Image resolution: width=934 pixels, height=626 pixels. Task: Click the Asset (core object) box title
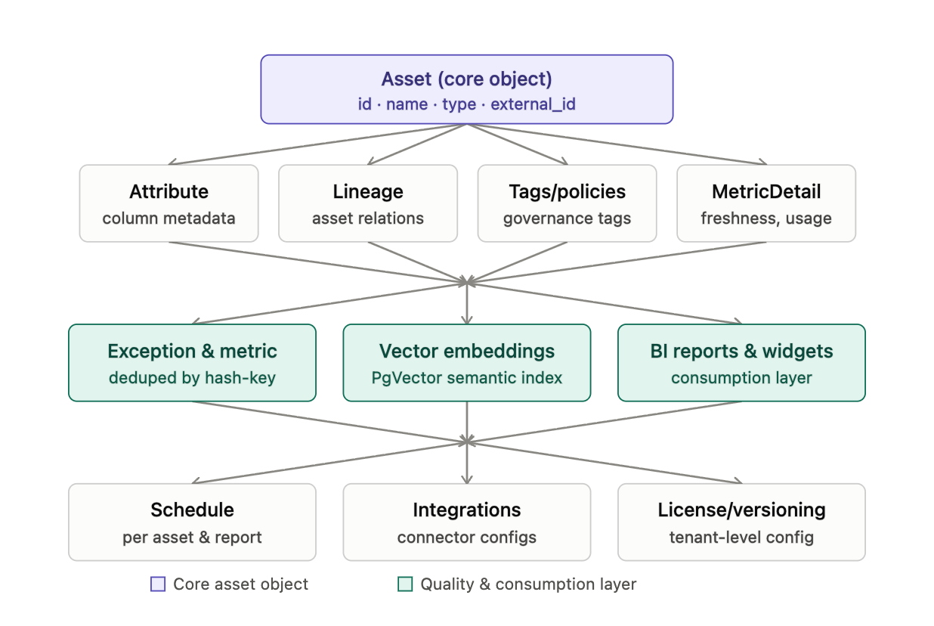click(x=466, y=79)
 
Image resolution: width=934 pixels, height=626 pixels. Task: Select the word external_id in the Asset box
click(x=533, y=104)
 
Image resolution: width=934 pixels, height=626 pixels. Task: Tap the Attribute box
click(x=169, y=203)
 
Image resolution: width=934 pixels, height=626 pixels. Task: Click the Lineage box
click(x=368, y=203)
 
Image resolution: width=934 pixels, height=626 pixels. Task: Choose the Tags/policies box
click(x=567, y=203)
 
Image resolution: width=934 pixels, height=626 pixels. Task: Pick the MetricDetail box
click(x=766, y=203)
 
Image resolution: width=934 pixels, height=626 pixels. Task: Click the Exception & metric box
click(x=192, y=363)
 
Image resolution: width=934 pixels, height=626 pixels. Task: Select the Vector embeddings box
click(x=467, y=363)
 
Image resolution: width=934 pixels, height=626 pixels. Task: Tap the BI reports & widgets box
click(x=742, y=363)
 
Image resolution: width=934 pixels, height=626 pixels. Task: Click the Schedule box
click(x=192, y=522)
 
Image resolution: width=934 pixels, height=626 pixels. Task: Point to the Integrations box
click(x=467, y=522)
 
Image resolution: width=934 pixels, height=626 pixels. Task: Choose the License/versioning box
click(x=742, y=522)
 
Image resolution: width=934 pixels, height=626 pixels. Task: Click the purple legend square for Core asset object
click(x=158, y=584)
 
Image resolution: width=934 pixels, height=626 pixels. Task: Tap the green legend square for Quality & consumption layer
click(x=405, y=584)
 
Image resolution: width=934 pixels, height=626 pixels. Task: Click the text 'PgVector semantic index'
click(x=467, y=378)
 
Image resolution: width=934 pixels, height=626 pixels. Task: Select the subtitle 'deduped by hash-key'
click(x=192, y=378)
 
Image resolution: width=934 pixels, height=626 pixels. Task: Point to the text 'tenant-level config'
click(x=742, y=538)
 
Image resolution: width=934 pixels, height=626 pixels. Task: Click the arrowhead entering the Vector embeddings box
click(x=467, y=321)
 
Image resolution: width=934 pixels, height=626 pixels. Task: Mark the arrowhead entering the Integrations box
click(x=467, y=479)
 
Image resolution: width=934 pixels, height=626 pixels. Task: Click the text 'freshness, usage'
click(x=766, y=218)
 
